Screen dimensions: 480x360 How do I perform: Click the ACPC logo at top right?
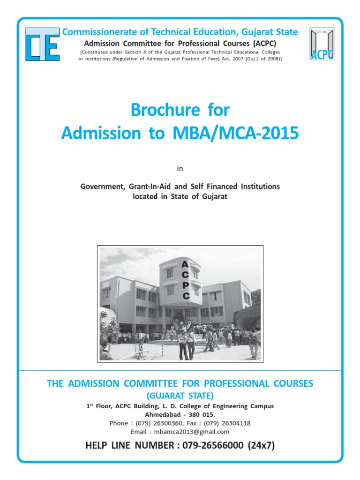322,44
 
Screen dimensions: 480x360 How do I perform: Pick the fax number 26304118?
232,423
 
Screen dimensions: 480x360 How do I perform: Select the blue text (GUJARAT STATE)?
180,396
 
